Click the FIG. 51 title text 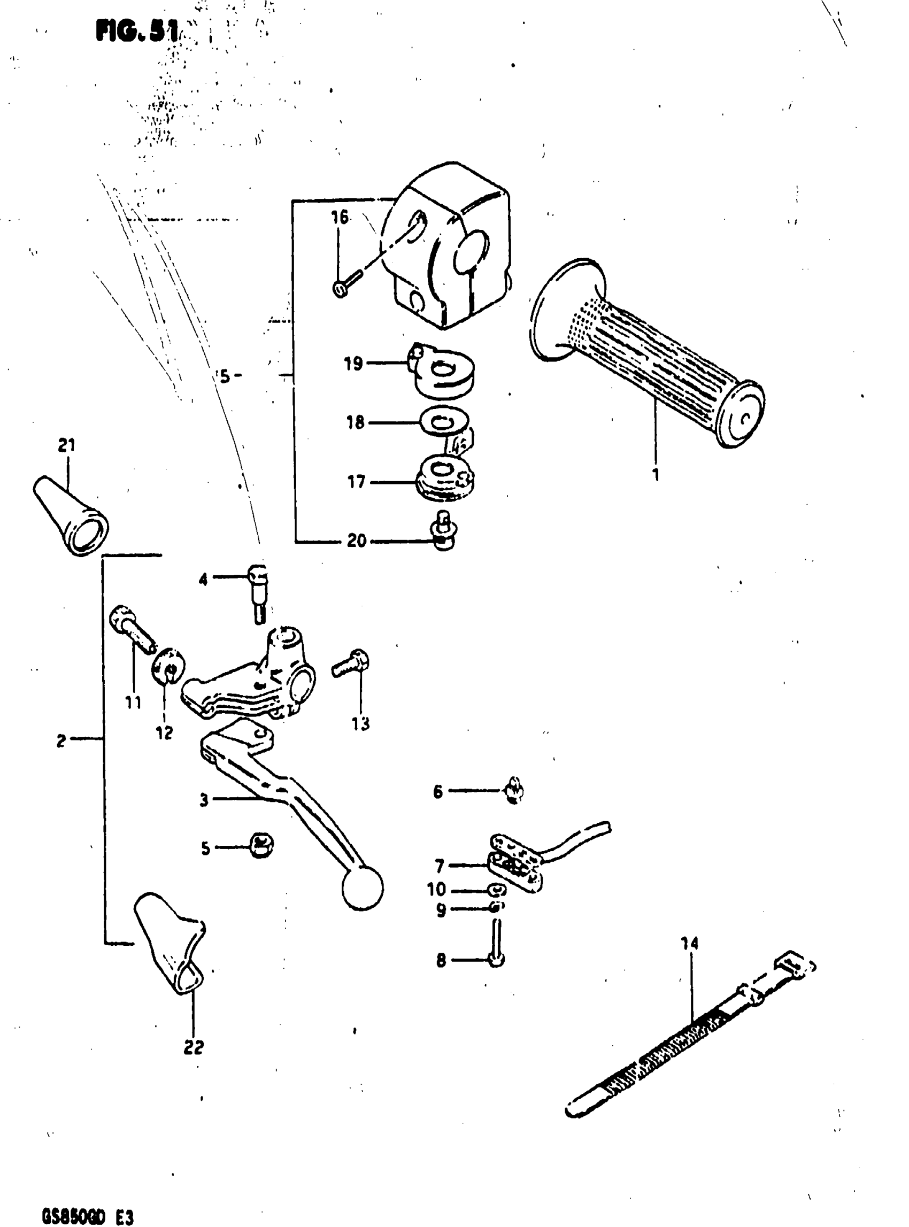137,33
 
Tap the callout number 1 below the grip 656,474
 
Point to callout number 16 340,218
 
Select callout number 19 353,364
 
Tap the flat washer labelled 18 443,422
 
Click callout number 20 357,541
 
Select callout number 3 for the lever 204,800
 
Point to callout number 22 194,1046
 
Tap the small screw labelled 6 513,792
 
